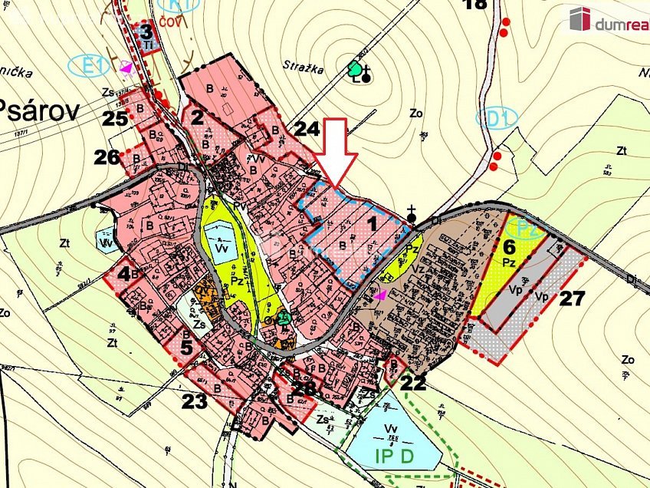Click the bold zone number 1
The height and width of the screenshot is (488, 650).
(x=373, y=225)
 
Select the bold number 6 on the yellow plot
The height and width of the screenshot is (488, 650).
(x=508, y=246)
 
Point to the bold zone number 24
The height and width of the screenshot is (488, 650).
(x=307, y=128)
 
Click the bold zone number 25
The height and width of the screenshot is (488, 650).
(x=115, y=118)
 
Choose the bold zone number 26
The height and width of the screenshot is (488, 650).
(x=107, y=157)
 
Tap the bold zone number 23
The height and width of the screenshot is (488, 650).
(x=195, y=400)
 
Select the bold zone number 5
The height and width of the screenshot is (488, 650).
(x=186, y=346)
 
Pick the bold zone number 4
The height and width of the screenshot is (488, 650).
(x=123, y=272)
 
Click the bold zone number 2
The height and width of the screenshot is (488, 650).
(x=197, y=117)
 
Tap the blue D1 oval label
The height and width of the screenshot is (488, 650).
(x=497, y=118)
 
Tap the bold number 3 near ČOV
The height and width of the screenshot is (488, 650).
(x=146, y=32)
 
